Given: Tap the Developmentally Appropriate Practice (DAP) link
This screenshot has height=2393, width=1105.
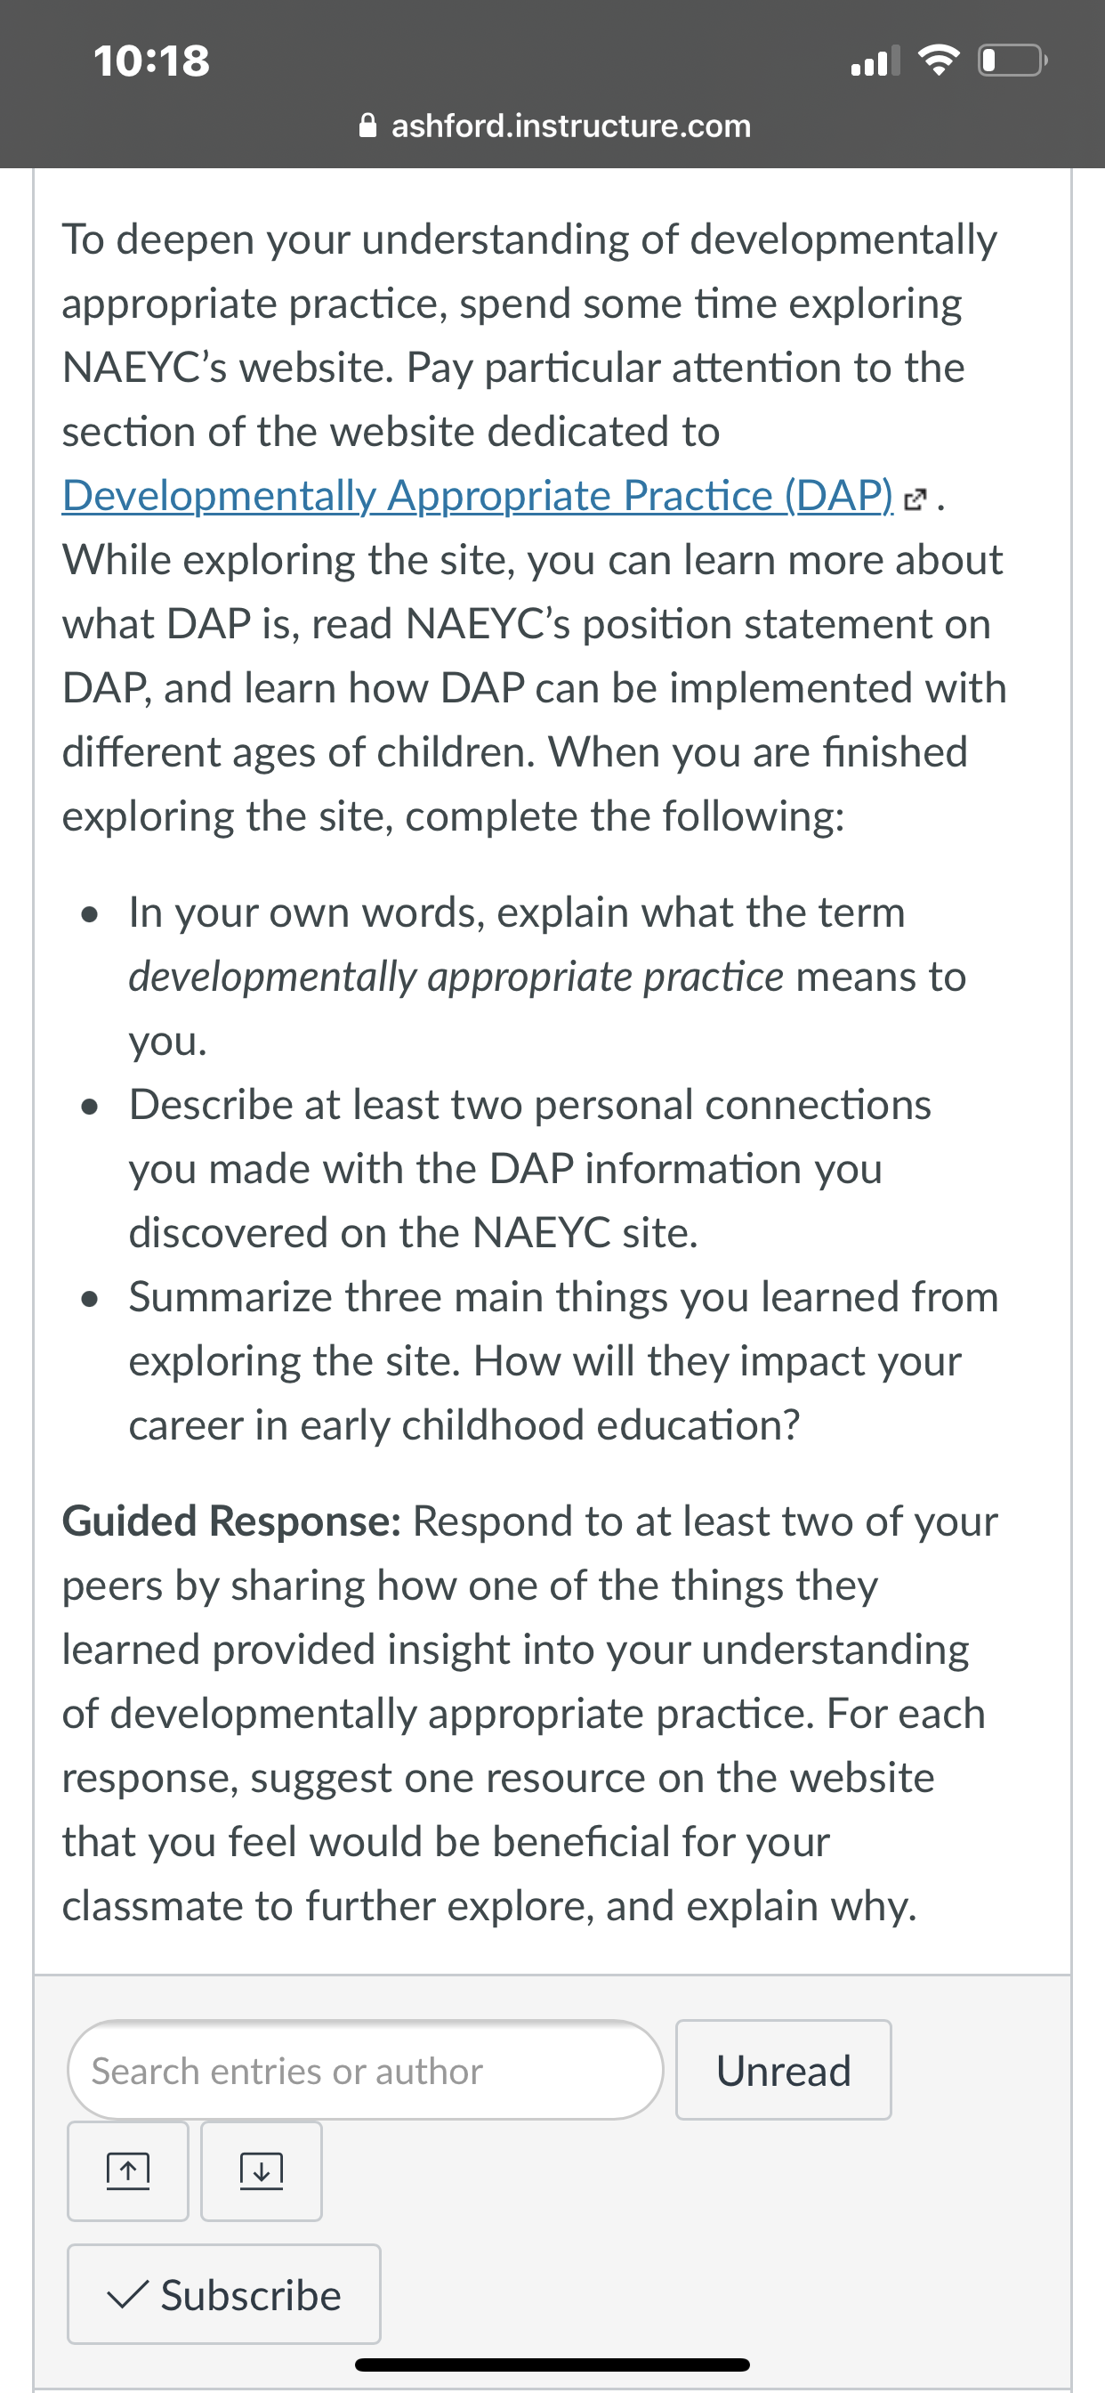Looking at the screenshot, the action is click(477, 495).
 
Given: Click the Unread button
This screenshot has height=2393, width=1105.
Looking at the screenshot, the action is click(784, 2071).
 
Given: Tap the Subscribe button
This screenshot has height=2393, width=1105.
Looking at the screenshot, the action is click(224, 2294).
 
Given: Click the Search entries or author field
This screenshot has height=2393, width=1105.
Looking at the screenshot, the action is click(365, 2071).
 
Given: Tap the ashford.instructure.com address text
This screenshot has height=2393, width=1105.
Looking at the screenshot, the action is click(571, 126).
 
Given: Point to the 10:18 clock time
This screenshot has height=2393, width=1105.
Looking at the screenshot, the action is click(151, 61).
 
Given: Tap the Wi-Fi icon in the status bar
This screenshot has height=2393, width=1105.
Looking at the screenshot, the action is click(939, 61).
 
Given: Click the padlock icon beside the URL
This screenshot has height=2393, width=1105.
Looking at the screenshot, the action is click(367, 125).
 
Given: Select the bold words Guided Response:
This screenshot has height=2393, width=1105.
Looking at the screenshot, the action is click(231, 1521).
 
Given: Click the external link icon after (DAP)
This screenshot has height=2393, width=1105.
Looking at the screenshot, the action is click(915, 499).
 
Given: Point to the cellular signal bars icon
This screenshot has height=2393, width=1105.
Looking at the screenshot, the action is click(875, 61).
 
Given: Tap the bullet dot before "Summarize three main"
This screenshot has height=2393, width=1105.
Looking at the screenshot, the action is click(90, 1300).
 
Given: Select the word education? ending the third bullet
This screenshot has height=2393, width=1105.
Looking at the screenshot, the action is click(698, 1425).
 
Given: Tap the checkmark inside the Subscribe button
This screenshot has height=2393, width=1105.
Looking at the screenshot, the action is click(126, 2295).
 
